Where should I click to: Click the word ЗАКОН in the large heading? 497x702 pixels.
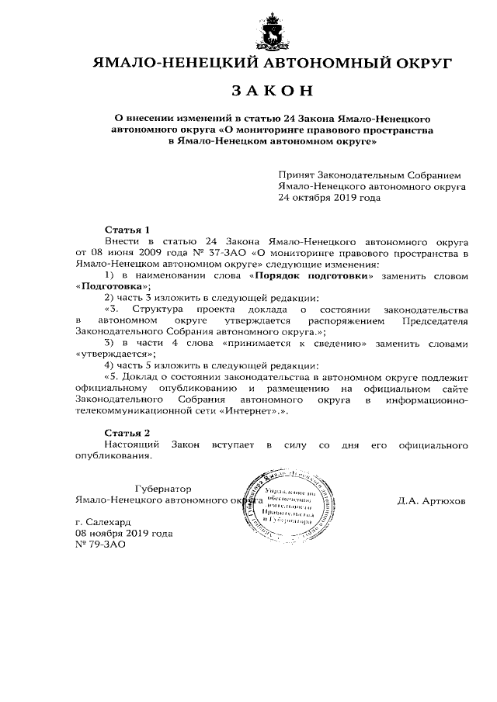[273, 91]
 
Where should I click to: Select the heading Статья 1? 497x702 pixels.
[127, 230]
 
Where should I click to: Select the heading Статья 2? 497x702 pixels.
[127, 431]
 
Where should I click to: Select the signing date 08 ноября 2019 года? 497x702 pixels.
[124, 534]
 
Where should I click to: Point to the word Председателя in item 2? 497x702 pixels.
[432, 320]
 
